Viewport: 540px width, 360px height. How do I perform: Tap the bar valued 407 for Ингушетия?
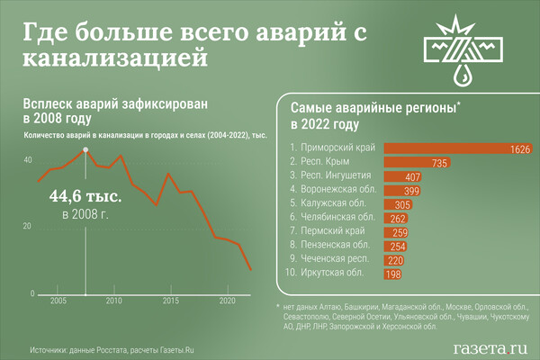(x=404, y=176)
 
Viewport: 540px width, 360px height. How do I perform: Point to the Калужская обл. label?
(x=325, y=204)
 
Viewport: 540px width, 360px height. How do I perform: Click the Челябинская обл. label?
(x=328, y=218)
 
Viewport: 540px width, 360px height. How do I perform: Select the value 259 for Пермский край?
(x=401, y=232)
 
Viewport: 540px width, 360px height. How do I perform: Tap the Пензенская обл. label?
(x=327, y=246)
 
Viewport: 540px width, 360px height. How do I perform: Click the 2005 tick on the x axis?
(x=58, y=301)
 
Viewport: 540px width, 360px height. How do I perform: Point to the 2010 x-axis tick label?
(x=114, y=301)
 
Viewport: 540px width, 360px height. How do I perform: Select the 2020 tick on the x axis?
(x=227, y=301)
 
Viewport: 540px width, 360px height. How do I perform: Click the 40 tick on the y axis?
(x=27, y=159)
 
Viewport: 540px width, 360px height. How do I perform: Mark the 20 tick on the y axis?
(x=27, y=226)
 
